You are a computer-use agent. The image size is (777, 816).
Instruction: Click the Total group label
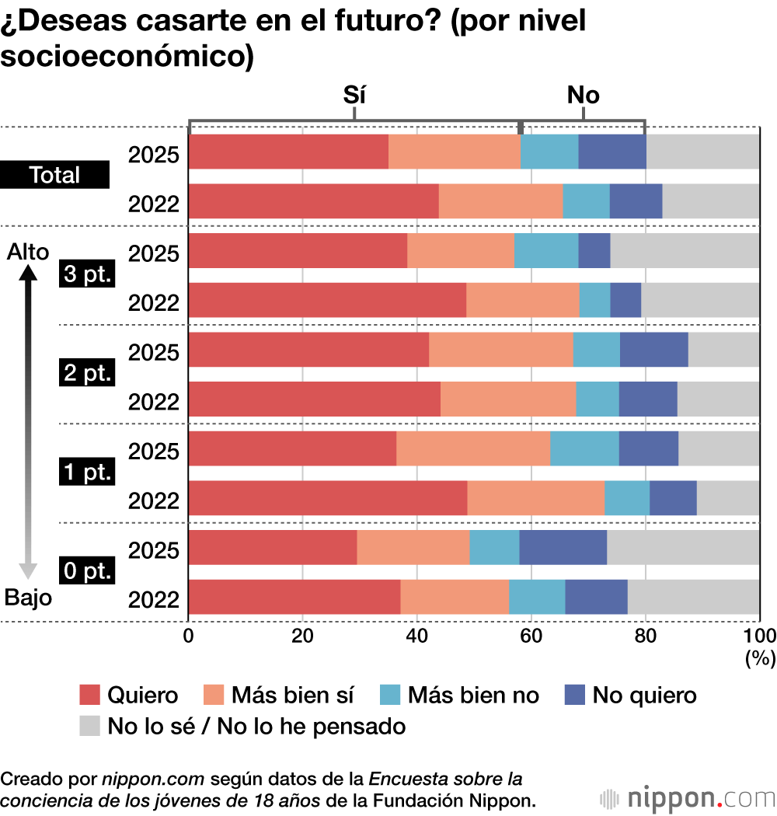pyautogui.click(x=55, y=176)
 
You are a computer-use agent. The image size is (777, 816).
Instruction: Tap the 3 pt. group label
pyautogui.click(x=88, y=275)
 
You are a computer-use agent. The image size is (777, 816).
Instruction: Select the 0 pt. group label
pyautogui.click(x=88, y=572)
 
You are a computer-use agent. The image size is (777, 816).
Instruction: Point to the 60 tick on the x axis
pyautogui.click(x=531, y=635)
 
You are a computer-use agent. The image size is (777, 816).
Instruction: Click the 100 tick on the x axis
pyautogui.click(x=761, y=635)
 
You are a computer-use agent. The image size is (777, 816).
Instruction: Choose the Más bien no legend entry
pyautogui.click(x=458, y=694)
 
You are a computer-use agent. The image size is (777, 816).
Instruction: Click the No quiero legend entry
pyautogui.click(x=630, y=694)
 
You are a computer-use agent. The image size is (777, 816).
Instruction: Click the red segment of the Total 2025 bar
pyautogui.click(x=288, y=152)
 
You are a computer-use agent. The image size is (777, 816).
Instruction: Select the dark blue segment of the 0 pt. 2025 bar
pyautogui.click(x=563, y=548)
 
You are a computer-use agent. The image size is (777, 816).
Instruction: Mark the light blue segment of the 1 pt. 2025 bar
pyautogui.click(x=584, y=449)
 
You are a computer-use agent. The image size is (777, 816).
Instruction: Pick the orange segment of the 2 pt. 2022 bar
pyautogui.click(x=508, y=399)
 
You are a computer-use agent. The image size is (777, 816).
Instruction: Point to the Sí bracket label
pyautogui.click(x=354, y=95)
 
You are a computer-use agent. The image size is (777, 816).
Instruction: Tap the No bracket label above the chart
pyautogui.click(x=584, y=95)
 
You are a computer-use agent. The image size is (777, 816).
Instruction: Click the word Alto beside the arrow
pyautogui.click(x=27, y=252)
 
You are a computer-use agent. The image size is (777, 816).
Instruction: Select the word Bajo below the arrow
pyautogui.click(x=28, y=598)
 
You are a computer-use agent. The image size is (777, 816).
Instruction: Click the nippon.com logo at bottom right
pyautogui.click(x=688, y=798)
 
